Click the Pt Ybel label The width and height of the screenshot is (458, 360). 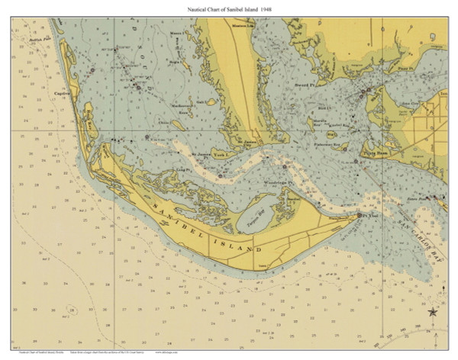pyautogui.click(x=370, y=217)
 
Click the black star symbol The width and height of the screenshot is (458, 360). pyautogui.click(x=433, y=311)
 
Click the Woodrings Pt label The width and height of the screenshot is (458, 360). pyautogui.click(x=274, y=183)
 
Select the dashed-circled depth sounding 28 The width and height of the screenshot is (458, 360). pyautogui.click(x=70, y=310)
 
